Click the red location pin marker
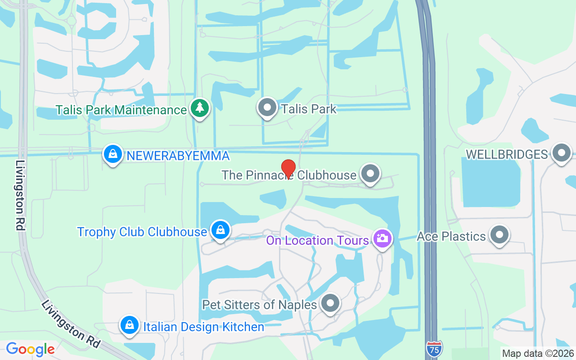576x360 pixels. [x=288, y=169]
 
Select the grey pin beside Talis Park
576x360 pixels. [x=268, y=108]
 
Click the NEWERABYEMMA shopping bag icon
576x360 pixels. [x=113, y=154]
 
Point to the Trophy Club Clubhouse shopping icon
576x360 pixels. [x=220, y=230]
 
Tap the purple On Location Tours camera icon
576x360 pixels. [x=382, y=239]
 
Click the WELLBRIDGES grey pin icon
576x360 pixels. [x=561, y=153]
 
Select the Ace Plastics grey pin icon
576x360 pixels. [x=499, y=235]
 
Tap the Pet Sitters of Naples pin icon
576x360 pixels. [x=331, y=303]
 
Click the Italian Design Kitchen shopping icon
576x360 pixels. [x=130, y=325]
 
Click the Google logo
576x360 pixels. [x=30, y=349]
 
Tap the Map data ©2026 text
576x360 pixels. [x=538, y=354]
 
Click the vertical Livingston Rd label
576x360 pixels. [x=20, y=195]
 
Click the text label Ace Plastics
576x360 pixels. [x=451, y=236]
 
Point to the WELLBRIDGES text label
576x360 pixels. [x=507, y=154]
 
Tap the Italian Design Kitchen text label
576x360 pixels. [x=203, y=327]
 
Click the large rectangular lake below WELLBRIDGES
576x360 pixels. [x=490, y=182]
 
